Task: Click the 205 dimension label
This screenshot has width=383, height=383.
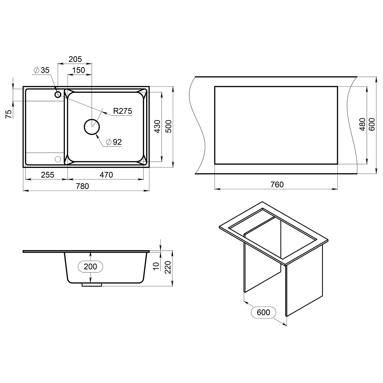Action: point(75,59)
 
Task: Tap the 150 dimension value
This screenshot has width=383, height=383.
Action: point(78,70)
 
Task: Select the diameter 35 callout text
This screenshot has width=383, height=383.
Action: point(42,70)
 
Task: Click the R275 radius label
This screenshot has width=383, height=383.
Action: point(123,111)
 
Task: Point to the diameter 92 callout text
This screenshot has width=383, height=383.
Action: point(114,142)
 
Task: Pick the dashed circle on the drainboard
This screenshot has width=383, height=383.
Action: point(58,159)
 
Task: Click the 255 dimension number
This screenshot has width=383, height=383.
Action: point(47,175)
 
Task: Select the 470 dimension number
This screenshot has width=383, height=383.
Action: point(106,175)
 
